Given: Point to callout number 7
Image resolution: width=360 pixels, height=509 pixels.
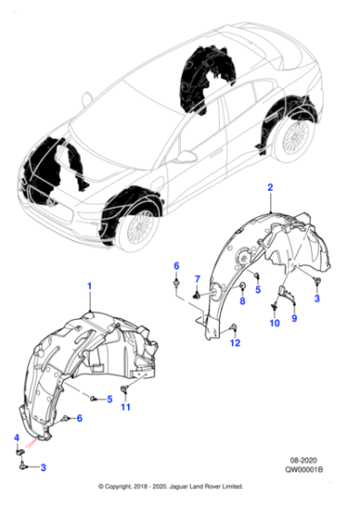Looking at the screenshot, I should click(x=196, y=277).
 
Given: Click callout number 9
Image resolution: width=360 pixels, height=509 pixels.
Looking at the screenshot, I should click(x=293, y=318).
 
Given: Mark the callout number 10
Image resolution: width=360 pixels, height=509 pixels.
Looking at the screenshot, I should click(x=275, y=324).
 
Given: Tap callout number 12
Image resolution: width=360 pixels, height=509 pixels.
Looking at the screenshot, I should click(x=235, y=343).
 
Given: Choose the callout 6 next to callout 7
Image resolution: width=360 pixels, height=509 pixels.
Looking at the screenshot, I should click(x=176, y=264).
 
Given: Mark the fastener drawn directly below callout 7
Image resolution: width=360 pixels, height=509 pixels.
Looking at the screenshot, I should click(x=195, y=294).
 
